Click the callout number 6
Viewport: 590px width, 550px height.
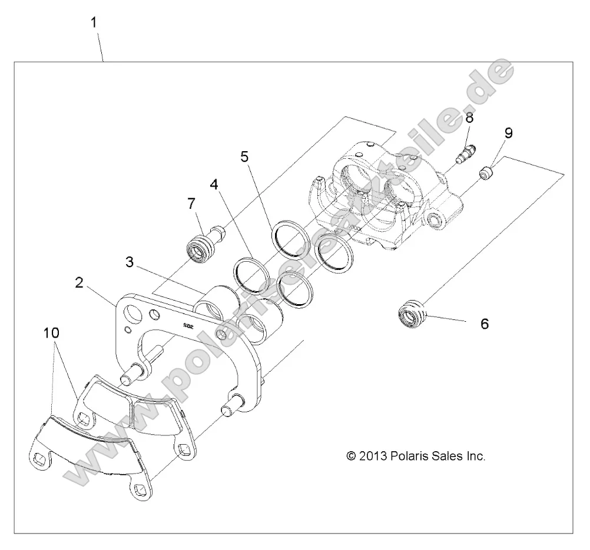pos(485,324)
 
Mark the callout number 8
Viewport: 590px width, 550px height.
pos(469,118)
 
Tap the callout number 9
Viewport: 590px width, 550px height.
pos(508,132)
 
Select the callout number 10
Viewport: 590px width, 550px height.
pos(52,334)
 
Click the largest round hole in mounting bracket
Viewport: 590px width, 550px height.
pos(134,311)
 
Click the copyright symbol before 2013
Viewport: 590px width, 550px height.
pos(352,456)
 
